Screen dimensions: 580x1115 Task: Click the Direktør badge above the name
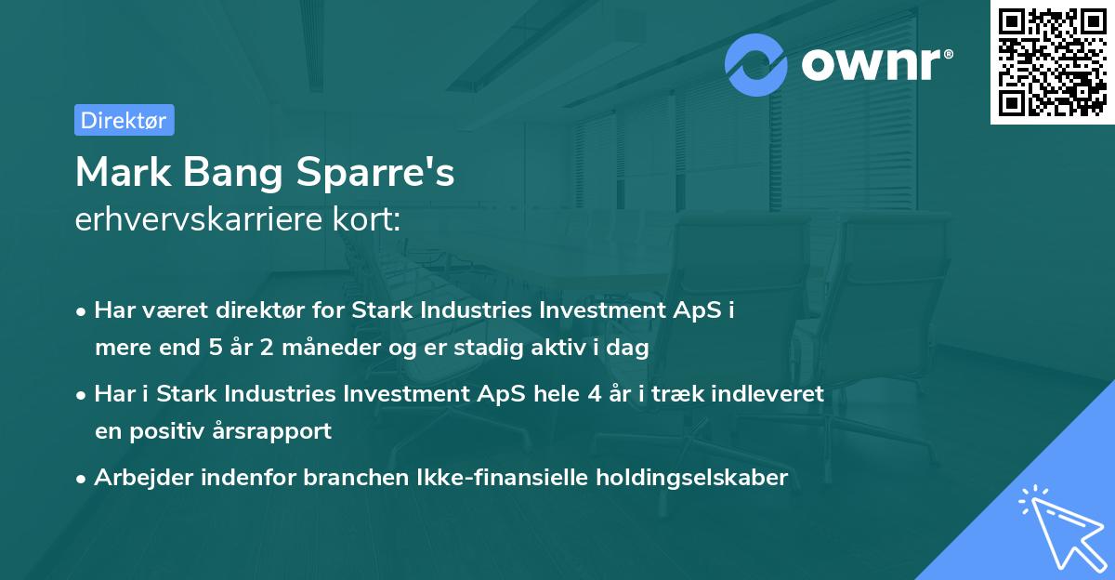coord(123,120)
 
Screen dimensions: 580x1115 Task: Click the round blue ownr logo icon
coord(756,65)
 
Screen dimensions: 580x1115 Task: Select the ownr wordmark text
coord(876,65)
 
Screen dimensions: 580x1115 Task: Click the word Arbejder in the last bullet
coord(137,478)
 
